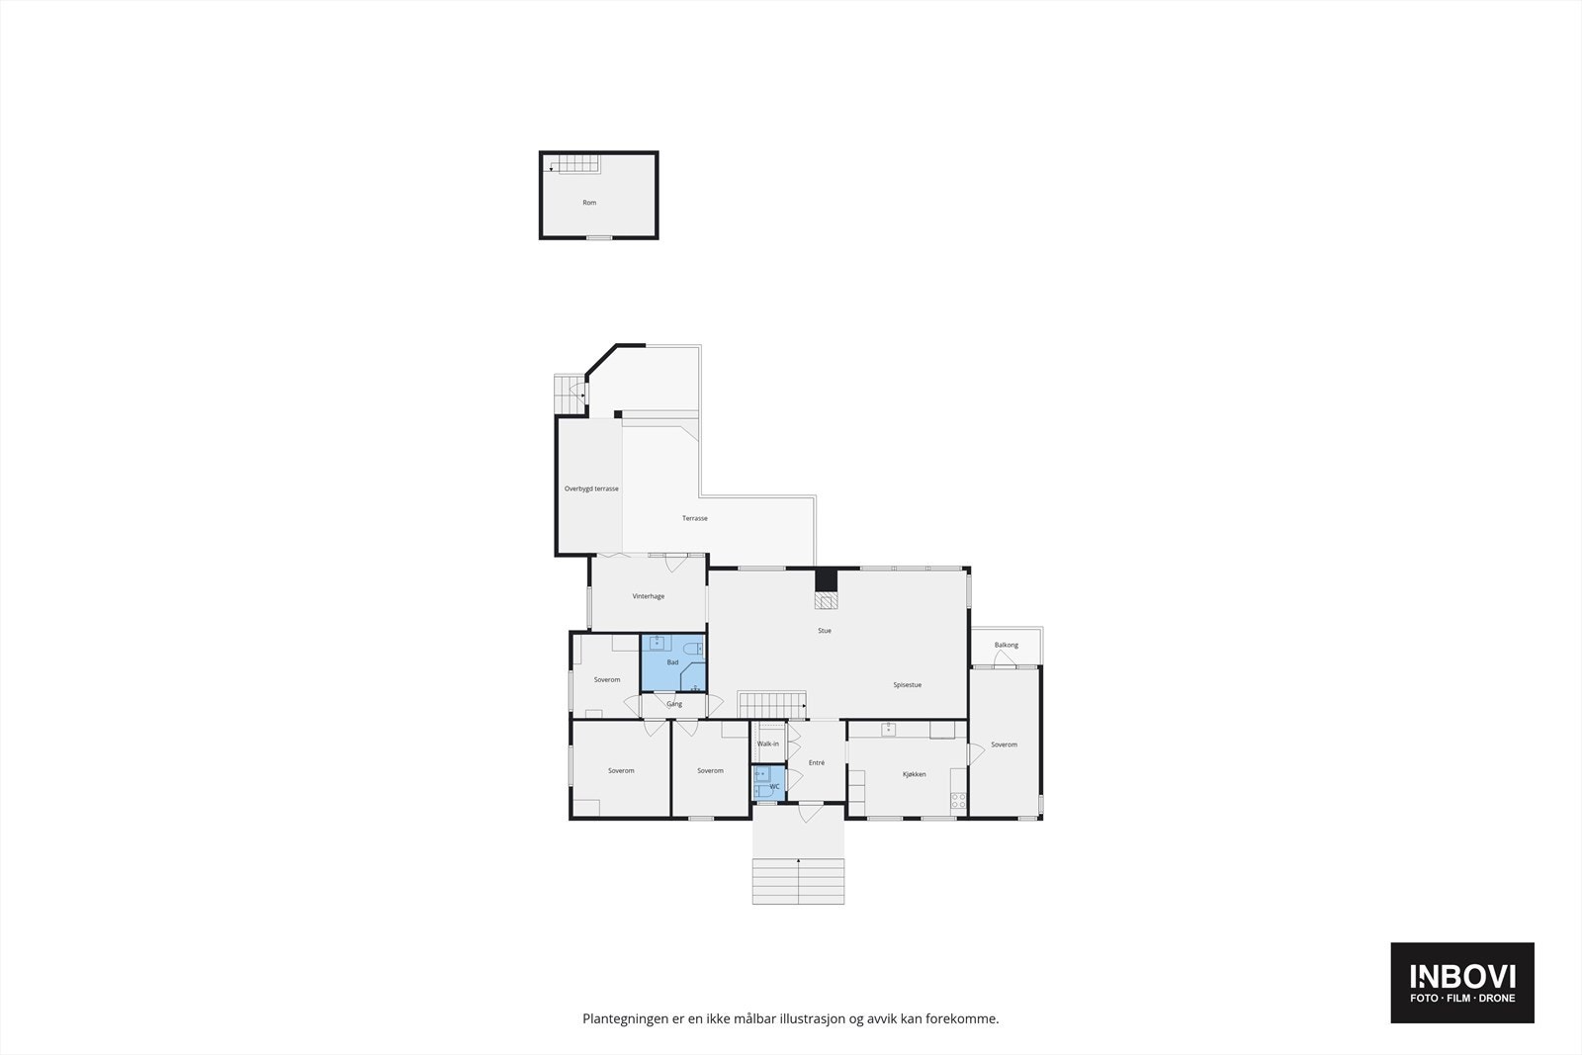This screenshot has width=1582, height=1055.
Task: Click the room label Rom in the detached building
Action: [x=589, y=203]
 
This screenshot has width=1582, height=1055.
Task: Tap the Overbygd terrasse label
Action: [x=591, y=488]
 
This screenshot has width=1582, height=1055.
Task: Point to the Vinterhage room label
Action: [x=649, y=596]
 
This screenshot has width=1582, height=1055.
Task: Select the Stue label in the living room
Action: [x=825, y=631]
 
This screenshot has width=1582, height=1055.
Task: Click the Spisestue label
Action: [x=907, y=685]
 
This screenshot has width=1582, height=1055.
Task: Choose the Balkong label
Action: [x=1006, y=646]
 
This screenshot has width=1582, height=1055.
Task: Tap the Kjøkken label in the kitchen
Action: [x=915, y=774]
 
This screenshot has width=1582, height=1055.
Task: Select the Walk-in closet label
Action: [x=768, y=744]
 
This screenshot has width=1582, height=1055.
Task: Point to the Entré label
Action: [x=817, y=762]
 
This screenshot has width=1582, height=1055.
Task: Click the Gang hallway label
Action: [x=674, y=704]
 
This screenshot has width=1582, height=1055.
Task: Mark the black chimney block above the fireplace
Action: [x=826, y=579]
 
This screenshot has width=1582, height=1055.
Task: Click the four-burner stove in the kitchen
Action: [x=957, y=802]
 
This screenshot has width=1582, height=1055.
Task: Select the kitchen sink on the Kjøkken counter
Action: [x=889, y=730]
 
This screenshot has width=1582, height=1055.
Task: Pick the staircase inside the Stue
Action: [x=772, y=705]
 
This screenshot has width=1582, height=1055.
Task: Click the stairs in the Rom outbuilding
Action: [x=574, y=164]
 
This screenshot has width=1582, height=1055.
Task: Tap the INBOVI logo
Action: [x=1462, y=982]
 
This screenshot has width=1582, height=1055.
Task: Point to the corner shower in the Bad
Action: [x=694, y=678]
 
